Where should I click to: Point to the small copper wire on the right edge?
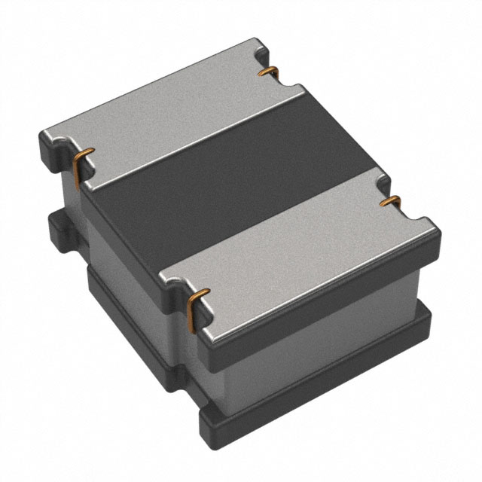click(390, 201)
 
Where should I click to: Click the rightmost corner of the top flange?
click(438, 230)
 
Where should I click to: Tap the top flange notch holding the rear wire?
click(264, 60)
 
